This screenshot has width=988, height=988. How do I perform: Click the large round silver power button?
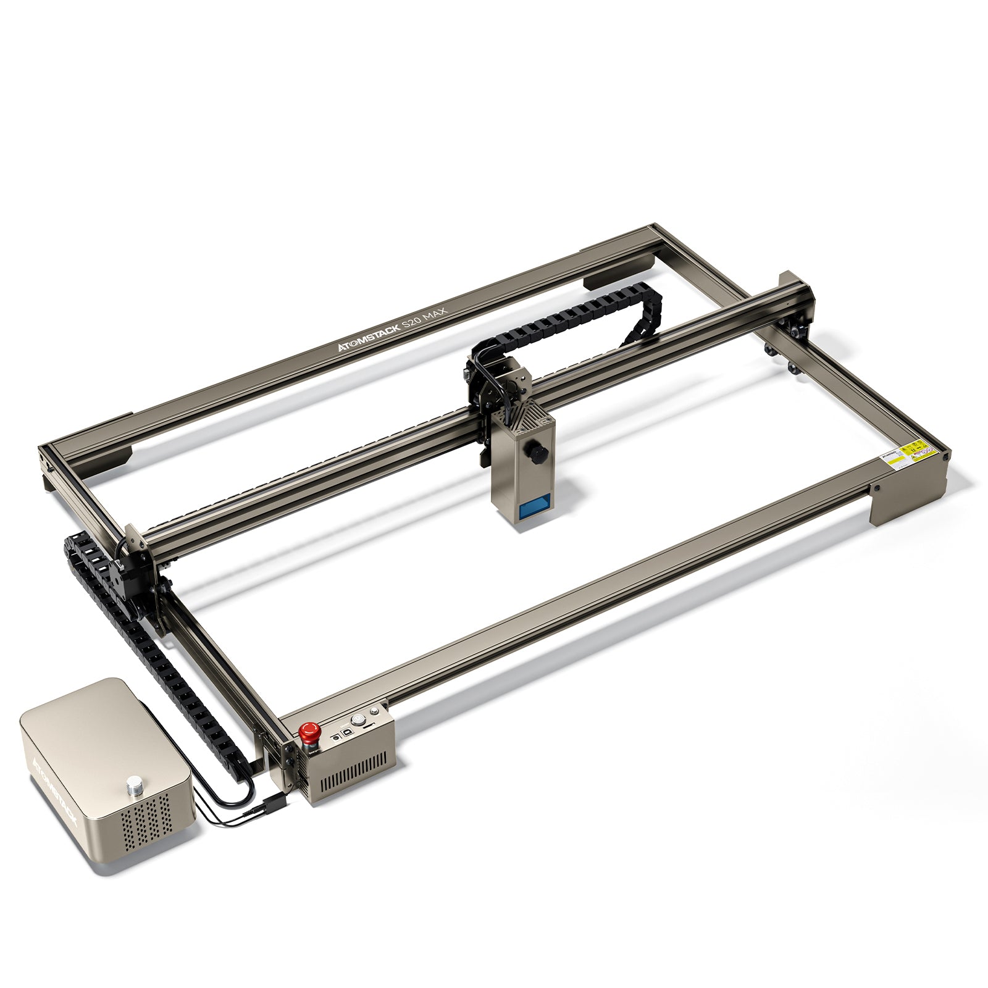pyautogui.click(x=358, y=719)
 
